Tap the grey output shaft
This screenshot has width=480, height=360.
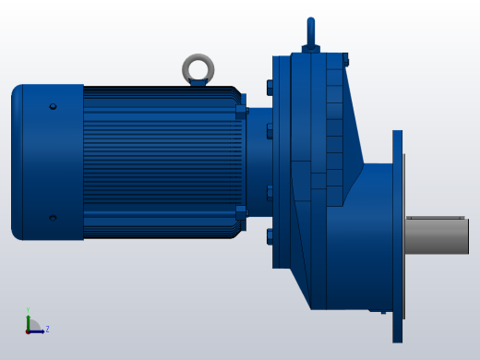tap(438, 235)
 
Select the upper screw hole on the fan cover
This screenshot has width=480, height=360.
tap(53, 107)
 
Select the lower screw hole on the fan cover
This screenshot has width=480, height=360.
tap(53, 218)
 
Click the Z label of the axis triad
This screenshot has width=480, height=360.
tap(47, 329)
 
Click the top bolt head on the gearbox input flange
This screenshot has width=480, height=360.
tap(270, 88)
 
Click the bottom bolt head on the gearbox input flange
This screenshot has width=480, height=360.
tap(270, 236)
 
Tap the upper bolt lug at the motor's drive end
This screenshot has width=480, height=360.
tap(241, 112)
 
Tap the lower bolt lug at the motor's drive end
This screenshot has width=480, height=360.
tap(241, 212)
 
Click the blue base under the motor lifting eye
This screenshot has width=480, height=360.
tap(198, 83)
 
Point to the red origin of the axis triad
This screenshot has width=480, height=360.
tap(29, 330)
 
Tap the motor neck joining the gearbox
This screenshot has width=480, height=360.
tap(258, 162)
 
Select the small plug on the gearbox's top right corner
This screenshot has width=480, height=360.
tap(346, 60)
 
